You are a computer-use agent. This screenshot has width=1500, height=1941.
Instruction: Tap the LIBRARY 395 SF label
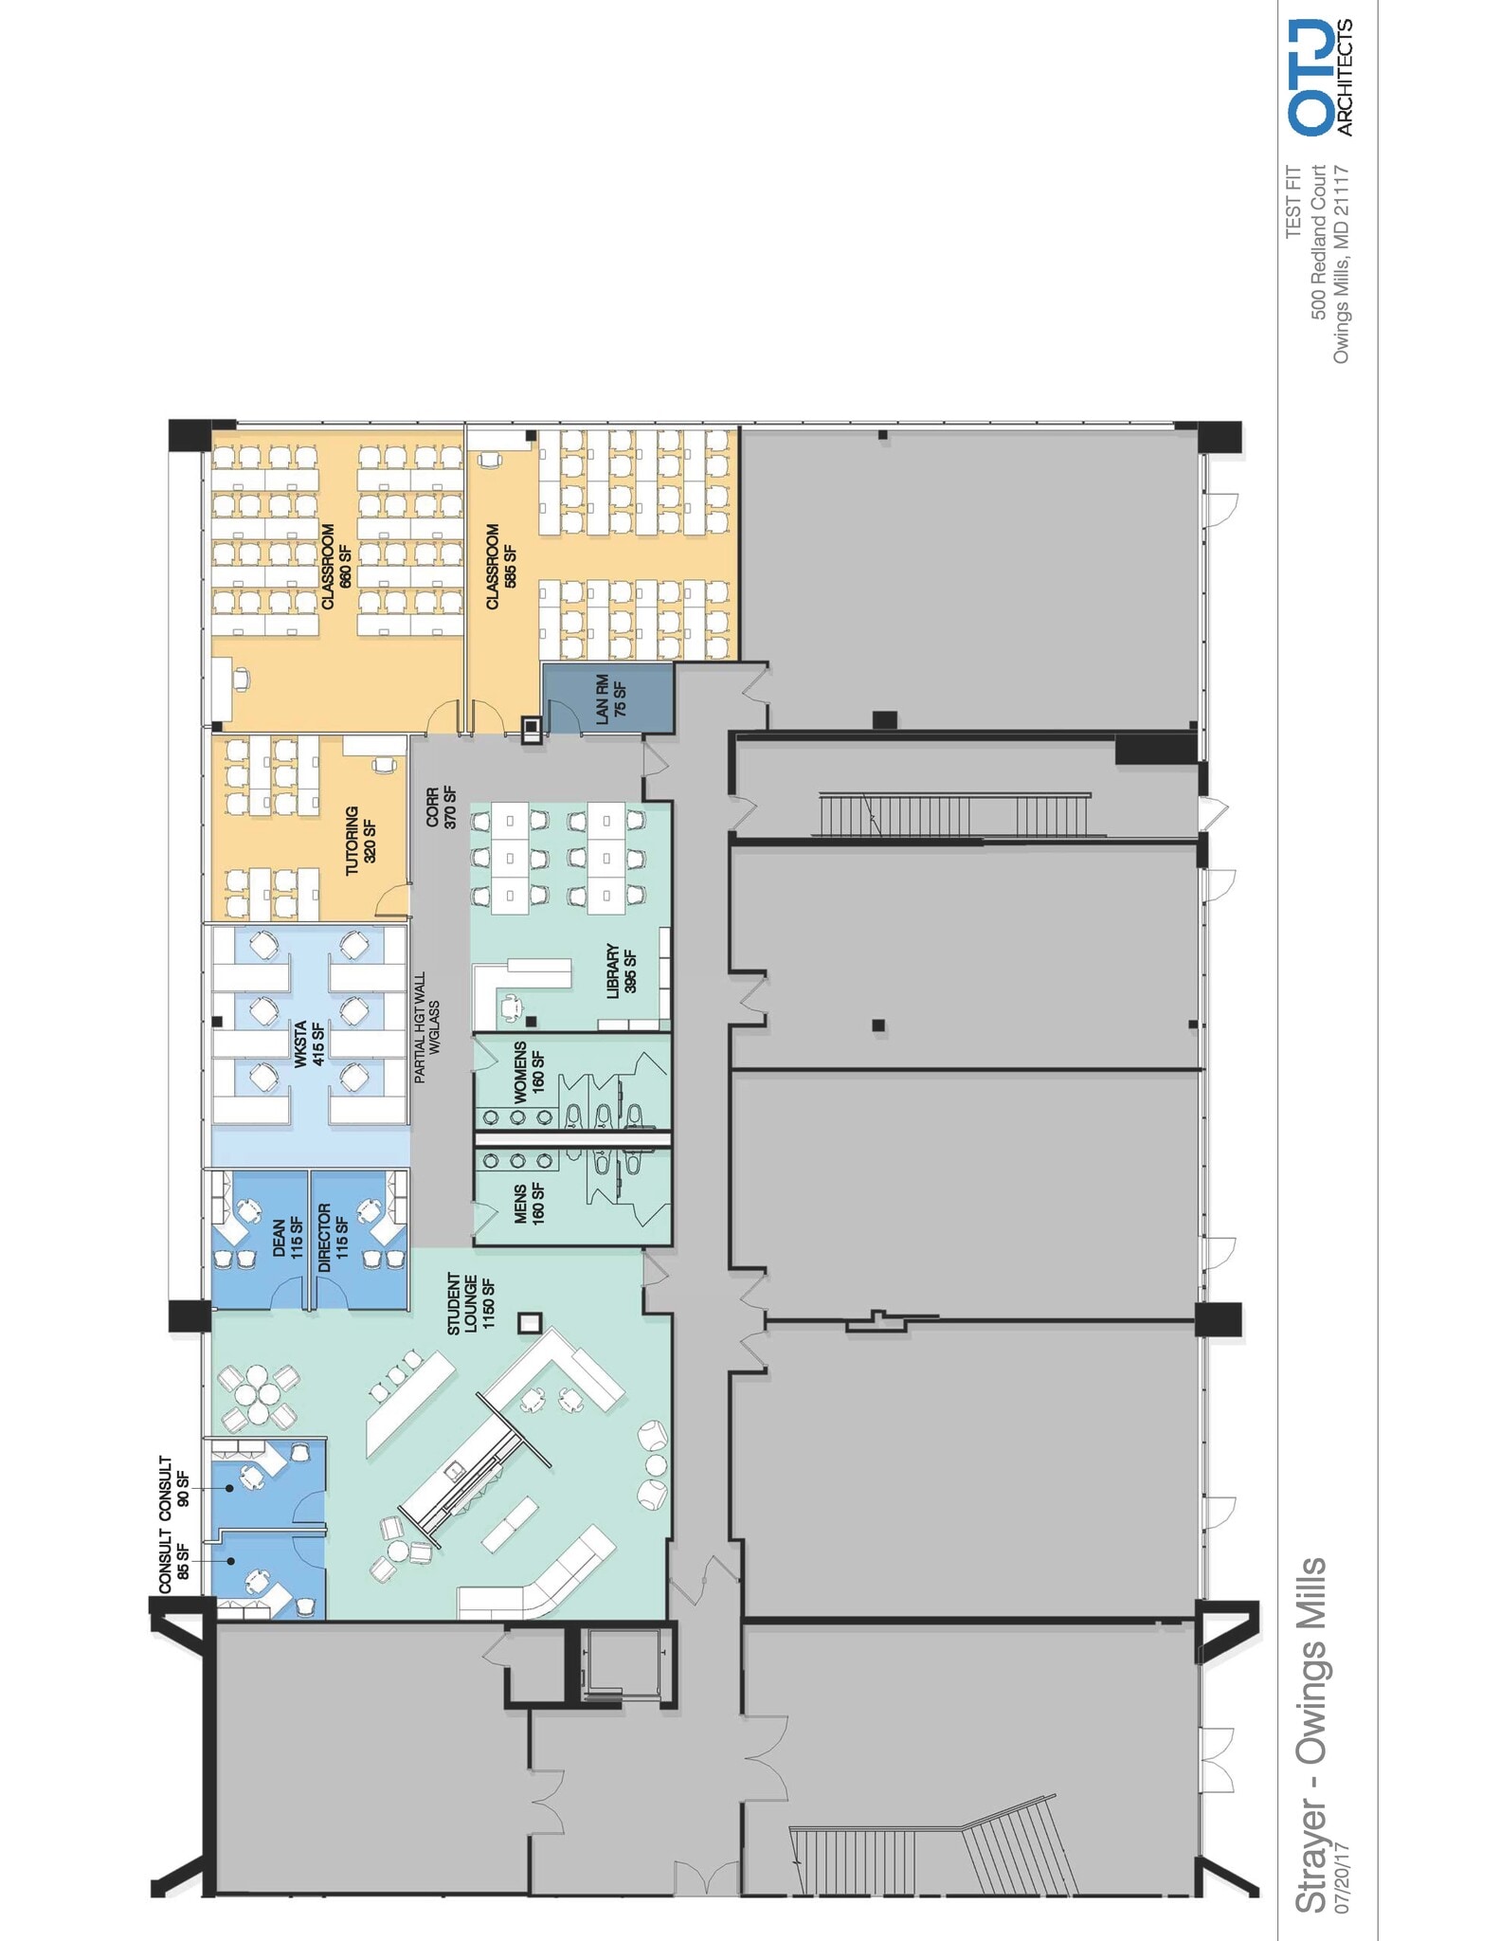pos(621,970)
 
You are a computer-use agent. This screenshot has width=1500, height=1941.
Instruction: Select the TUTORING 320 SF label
pos(360,841)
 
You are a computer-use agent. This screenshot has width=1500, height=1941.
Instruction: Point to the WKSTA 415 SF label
pos(309,1043)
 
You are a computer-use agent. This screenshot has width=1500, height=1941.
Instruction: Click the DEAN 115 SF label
pos(287,1237)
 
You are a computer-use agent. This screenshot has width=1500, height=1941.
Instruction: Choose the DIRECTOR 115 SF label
pos(333,1237)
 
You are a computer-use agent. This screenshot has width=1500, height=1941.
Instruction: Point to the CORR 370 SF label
pos(441,807)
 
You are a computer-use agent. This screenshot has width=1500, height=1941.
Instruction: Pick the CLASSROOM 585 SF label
pos(500,567)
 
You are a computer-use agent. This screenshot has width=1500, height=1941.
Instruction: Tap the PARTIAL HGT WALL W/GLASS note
pos(426,1026)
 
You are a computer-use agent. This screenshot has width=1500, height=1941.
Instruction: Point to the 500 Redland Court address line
pos(1318,242)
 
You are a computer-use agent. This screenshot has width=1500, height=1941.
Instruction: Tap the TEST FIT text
pos(1294,203)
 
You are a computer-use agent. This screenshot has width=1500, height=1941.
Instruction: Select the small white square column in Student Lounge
pos(529,1322)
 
